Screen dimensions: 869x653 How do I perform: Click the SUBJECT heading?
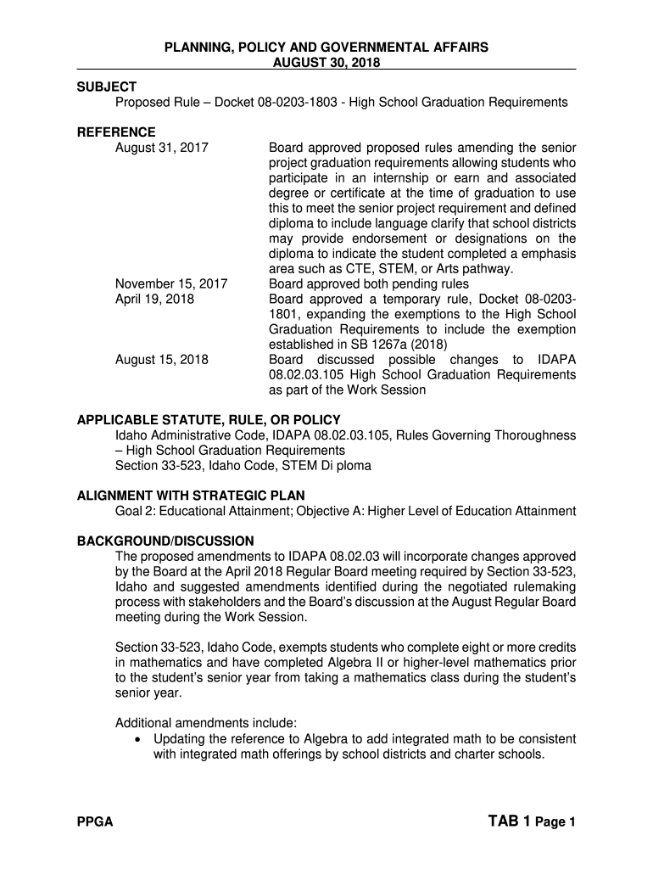[107, 87]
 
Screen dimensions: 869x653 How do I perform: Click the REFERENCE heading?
[116, 132]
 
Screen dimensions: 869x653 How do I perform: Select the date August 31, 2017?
[162, 148]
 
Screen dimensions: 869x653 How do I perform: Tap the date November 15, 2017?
[171, 283]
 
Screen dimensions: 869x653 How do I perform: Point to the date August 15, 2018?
[162, 360]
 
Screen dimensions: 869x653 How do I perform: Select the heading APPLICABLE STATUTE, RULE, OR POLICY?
[209, 420]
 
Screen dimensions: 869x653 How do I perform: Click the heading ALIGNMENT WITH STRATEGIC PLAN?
[191, 496]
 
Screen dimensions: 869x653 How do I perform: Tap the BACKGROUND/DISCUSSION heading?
[165, 541]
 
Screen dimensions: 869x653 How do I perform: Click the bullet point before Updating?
[140, 739]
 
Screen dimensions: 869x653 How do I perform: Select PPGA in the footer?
[95, 822]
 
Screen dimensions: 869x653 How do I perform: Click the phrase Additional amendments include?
[205, 723]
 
